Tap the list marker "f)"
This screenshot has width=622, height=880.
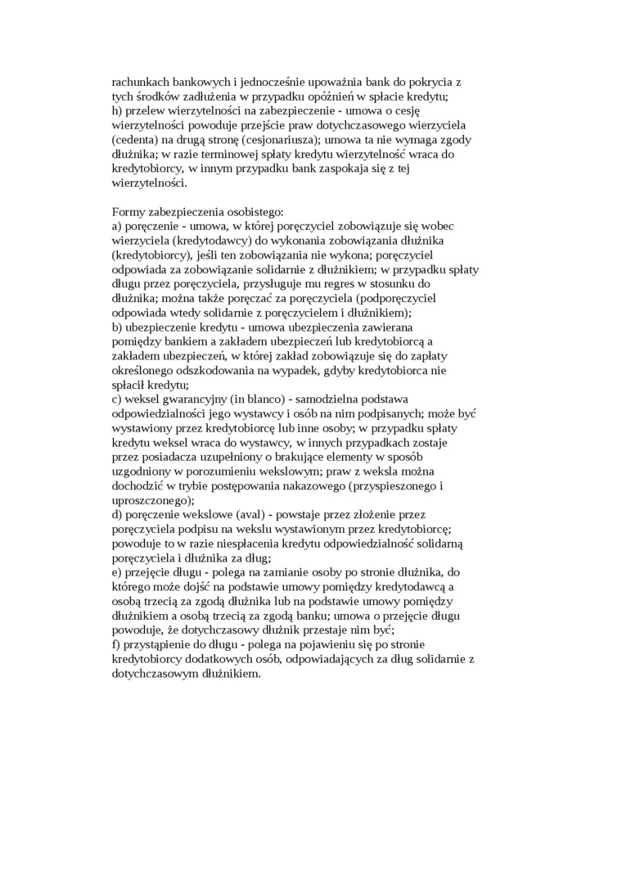[116, 646]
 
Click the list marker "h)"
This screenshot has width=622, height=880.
[116, 111]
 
